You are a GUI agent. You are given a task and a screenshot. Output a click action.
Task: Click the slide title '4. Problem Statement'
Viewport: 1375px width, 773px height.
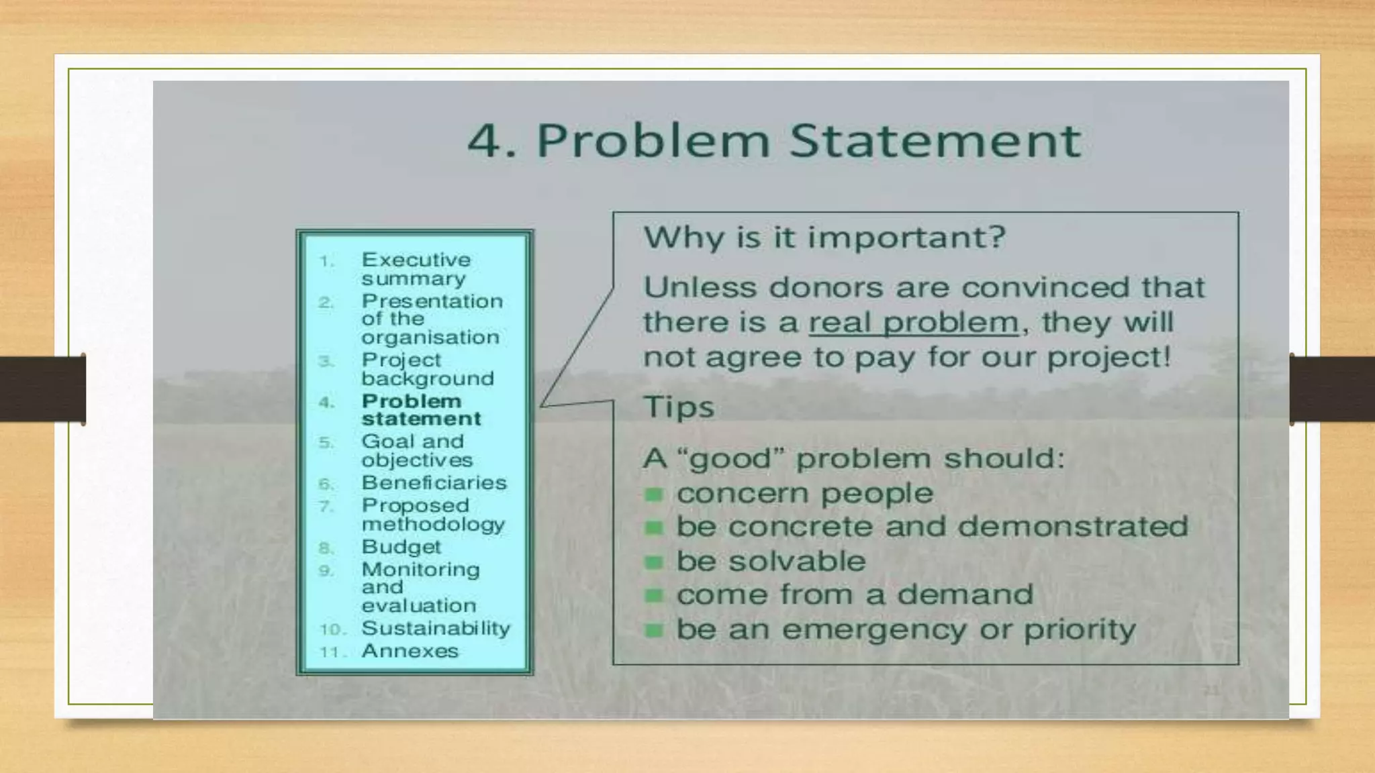(774, 141)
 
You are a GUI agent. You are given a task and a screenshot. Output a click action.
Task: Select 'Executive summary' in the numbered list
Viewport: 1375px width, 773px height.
(416, 268)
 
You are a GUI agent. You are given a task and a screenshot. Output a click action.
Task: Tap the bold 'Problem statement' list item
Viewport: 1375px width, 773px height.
(421, 409)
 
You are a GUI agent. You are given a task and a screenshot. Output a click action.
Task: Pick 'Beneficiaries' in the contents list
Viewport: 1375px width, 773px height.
(434, 482)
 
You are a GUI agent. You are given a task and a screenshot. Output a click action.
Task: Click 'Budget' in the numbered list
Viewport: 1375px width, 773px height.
(401, 546)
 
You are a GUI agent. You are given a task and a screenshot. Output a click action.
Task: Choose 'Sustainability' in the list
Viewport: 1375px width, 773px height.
(436, 628)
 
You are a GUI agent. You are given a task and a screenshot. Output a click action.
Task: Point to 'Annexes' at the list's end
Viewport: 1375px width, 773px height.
(410, 651)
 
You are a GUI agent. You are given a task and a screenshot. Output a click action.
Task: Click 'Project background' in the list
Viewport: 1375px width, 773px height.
(427, 369)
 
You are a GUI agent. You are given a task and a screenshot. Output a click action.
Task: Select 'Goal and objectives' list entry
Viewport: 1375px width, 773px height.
(416, 450)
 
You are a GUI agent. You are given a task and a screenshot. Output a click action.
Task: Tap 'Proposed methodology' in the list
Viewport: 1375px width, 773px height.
(433, 515)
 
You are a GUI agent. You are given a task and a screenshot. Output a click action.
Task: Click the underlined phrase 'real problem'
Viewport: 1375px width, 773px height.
(913, 323)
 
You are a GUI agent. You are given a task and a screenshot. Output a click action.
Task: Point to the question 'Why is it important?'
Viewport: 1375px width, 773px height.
(824, 237)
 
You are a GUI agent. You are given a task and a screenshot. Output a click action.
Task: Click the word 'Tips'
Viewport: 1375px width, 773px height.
(678, 407)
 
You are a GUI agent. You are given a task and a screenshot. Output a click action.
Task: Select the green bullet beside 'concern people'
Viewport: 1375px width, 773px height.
(654, 495)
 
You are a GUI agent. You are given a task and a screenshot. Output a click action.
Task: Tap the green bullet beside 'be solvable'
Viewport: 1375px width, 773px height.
(654, 562)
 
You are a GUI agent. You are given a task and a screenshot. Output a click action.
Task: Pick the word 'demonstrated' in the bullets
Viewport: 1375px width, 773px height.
(1072, 527)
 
